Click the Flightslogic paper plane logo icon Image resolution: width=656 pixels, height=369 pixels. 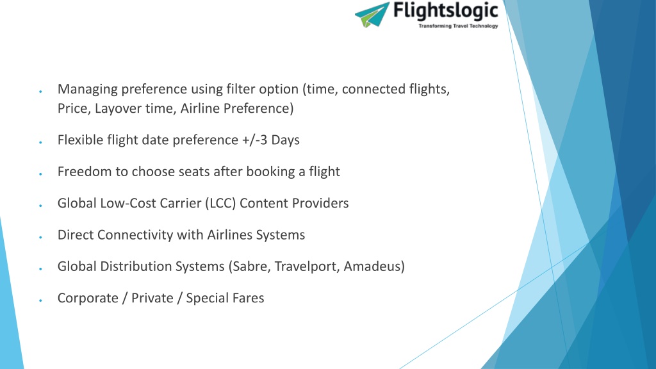[x=372, y=15]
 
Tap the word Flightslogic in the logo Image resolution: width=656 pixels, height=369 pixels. [x=446, y=12]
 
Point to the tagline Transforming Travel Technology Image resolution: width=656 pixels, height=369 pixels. [x=458, y=26]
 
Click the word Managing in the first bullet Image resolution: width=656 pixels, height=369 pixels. [x=87, y=90]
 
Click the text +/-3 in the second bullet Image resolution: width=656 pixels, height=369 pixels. [x=254, y=140]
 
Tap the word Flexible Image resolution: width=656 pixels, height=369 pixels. [x=80, y=140]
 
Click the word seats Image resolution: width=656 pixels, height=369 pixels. [x=194, y=172]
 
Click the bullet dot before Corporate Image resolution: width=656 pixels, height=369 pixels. [x=40, y=300]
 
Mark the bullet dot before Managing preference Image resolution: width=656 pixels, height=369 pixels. [x=40, y=91]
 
